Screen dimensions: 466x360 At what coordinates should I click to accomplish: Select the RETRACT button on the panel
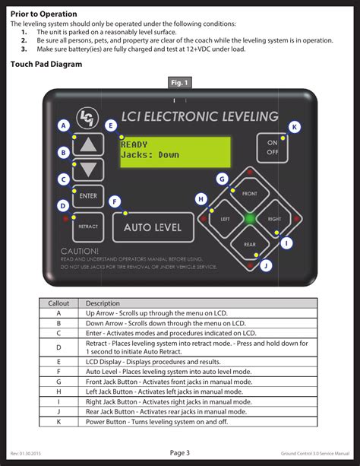pos(88,227)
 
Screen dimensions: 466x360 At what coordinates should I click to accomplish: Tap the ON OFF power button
pos(272,147)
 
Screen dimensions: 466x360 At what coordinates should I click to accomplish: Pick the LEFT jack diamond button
pos(225,219)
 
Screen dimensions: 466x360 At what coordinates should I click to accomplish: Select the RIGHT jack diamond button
pos(273,219)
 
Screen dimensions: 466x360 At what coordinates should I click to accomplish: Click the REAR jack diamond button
pos(249,244)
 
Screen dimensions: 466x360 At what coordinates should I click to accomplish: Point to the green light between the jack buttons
pos(249,219)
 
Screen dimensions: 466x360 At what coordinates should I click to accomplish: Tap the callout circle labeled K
pos(295,127)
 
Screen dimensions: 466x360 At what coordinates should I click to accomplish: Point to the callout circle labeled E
pos(111,125)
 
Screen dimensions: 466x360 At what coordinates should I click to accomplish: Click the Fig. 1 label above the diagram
pos(179,82)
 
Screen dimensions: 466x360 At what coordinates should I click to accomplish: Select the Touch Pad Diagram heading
pos(46,65)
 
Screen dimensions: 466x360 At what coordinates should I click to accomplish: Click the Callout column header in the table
pos(59,303)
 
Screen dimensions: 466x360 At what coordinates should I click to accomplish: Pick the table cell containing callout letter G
pos(59,382)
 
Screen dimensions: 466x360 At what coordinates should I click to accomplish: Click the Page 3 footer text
pos(179,453)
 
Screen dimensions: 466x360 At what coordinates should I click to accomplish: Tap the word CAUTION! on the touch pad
pos(80,251)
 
